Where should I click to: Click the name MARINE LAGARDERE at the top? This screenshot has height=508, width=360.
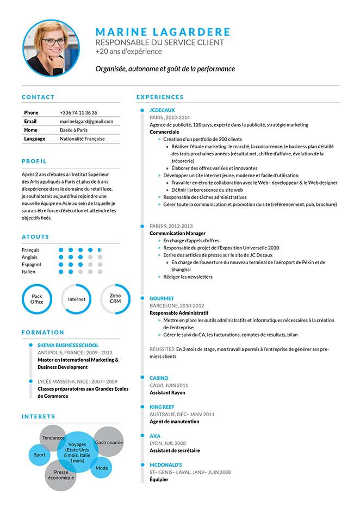[163, 32]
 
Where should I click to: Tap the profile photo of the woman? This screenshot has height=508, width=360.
[51, 48]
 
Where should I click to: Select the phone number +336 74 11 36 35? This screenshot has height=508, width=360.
[78, 112]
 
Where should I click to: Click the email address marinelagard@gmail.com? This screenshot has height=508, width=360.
[86, 121]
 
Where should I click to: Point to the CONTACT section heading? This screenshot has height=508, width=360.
[38, 97]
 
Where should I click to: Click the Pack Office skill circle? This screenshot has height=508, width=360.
[37, 299]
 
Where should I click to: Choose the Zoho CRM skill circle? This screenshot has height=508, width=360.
[115, 299]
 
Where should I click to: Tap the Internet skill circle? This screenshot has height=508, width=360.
[76, 299]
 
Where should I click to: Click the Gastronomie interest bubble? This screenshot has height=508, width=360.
[109, 442]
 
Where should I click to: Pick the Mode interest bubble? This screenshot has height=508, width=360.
[102, 467]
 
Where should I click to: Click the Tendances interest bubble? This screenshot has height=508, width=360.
[53, 437]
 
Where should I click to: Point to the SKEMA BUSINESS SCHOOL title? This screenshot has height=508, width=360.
[68, 345]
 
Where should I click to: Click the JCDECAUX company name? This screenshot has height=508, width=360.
[162, 110]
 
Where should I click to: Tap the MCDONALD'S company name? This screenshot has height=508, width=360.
[165, 465]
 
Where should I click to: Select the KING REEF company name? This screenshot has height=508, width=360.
[162, 406]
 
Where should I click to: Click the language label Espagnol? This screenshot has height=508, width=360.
[32, 264]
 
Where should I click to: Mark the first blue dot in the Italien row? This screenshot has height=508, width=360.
[61, 271]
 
